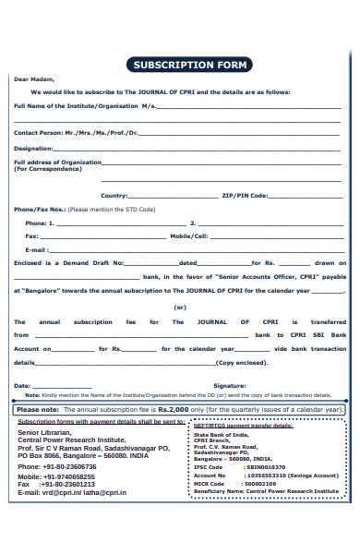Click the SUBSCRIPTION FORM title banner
(x=190, y=65)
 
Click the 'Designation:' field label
(x=33, y=148)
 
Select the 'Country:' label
(x=114, y=196)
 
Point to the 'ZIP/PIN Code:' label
(x=245, y=196)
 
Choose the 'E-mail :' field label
(x=36, y=249)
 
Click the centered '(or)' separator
(x=180, y=307)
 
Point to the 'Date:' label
(x=23, y=384)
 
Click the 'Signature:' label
(x=230, y=384)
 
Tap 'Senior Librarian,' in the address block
(x=44, y=432)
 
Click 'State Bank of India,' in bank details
(x=222, y=434)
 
